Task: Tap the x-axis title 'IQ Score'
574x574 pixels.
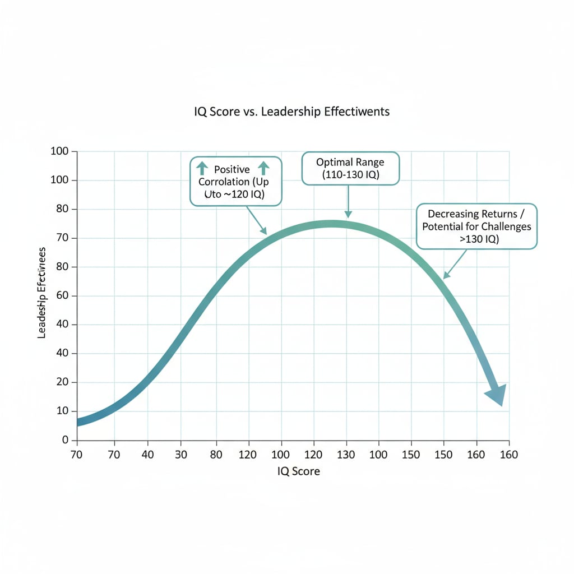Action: click(298, 471)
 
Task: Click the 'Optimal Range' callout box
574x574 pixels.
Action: click(350, 168)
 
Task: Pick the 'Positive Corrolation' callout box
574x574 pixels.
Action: click(236, 182)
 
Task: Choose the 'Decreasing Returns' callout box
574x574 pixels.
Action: click(476, 226)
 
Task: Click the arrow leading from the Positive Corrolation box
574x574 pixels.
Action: click(256, 220)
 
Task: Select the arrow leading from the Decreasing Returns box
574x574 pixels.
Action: click(455, 264)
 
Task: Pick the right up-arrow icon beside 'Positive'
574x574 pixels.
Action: click(263, 168)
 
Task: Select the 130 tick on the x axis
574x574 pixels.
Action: click(346, 455)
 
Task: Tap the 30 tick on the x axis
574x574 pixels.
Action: click(180, 455)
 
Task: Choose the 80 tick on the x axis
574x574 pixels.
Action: click(216, 455)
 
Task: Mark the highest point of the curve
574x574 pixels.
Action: click(331, 224)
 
